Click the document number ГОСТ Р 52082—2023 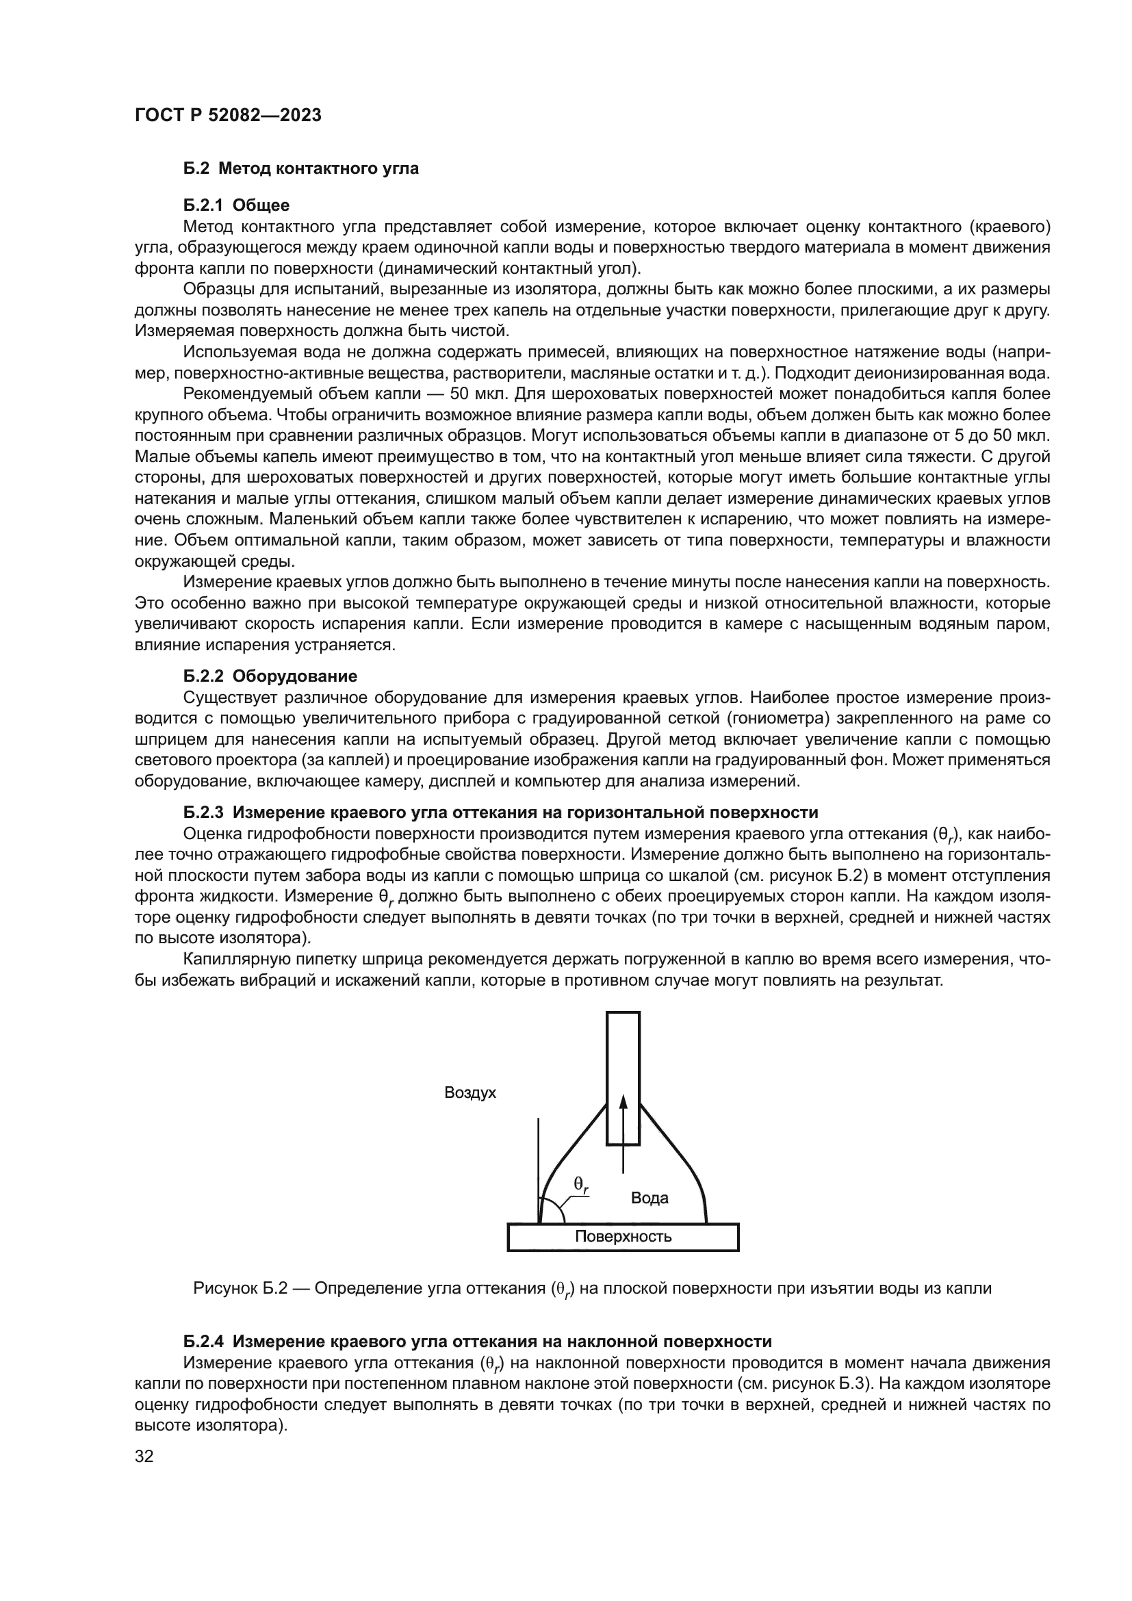228,116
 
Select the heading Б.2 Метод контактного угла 301,168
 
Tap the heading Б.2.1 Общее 236,205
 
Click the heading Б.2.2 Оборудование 270,676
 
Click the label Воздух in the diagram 470,1092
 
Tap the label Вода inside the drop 649,1198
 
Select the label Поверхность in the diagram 622,1236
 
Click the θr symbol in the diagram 580,1184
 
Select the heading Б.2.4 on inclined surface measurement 478,1341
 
